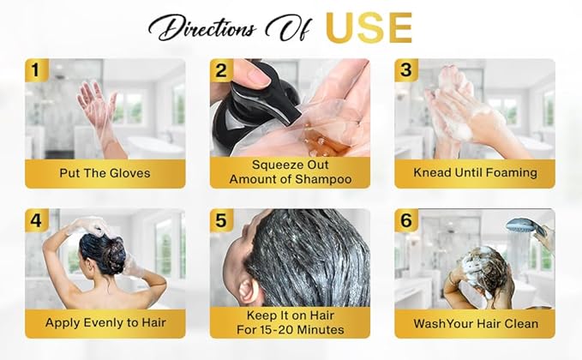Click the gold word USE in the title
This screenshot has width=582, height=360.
[x=369, y=27]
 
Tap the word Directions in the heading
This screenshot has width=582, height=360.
[x=202, y=28]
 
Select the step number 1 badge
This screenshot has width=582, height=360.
[x=36, y=69]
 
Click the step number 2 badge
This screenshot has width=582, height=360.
[x=221, y=69]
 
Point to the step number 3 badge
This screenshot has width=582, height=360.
[x=406, y=69]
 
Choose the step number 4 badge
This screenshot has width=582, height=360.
[x=36, y=220]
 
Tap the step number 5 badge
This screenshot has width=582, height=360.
[x=221, y=220]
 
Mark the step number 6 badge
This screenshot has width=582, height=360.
[x=406, y=220]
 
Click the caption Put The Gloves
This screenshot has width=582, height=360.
[x=105, y=173]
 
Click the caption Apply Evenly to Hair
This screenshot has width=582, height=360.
[x=105, y=322]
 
